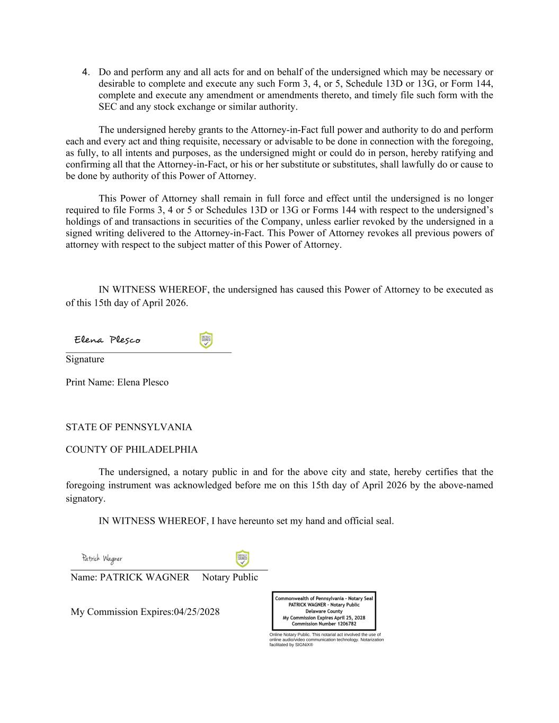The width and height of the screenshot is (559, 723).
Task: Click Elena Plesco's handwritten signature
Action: click(x=108, y=340)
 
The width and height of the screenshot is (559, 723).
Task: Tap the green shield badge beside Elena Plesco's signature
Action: click(x=206, y=340)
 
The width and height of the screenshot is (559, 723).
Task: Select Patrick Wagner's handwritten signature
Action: click(x=102, y=558)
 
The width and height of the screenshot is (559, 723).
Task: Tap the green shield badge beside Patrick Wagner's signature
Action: click(x=242, y=558)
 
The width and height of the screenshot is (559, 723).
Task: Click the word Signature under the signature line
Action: click(x=85, y=359)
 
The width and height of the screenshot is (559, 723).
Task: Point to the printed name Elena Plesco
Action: click(x=143, y=382)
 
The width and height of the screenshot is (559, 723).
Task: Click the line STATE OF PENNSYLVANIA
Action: click(x=129, y=427)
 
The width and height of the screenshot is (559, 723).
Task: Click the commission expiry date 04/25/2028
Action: click(x=197, y=612)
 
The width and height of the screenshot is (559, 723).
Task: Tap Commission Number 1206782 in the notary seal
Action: click(x=324, y=624)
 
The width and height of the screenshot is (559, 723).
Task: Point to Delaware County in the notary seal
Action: click(x=324, y=611)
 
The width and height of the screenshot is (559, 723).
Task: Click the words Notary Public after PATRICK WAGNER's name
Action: click(x=230, y=577)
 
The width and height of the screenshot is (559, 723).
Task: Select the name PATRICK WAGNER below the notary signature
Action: click(x=144, y=577)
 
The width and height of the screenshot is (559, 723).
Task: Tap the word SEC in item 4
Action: click(x=108, y=107)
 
